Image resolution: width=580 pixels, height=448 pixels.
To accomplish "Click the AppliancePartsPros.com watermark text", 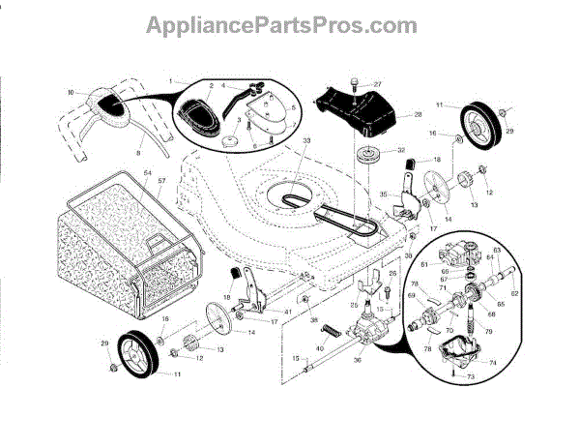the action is click(x=290, y=23).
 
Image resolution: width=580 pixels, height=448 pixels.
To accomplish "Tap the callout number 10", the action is click(x=71, y=92).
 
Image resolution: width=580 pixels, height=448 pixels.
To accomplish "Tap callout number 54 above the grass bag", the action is click(x=149, y=172).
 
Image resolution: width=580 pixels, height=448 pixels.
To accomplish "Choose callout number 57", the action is click(x=162, y=181).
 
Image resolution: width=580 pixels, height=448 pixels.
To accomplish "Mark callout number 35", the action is click(x=384, y=194).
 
